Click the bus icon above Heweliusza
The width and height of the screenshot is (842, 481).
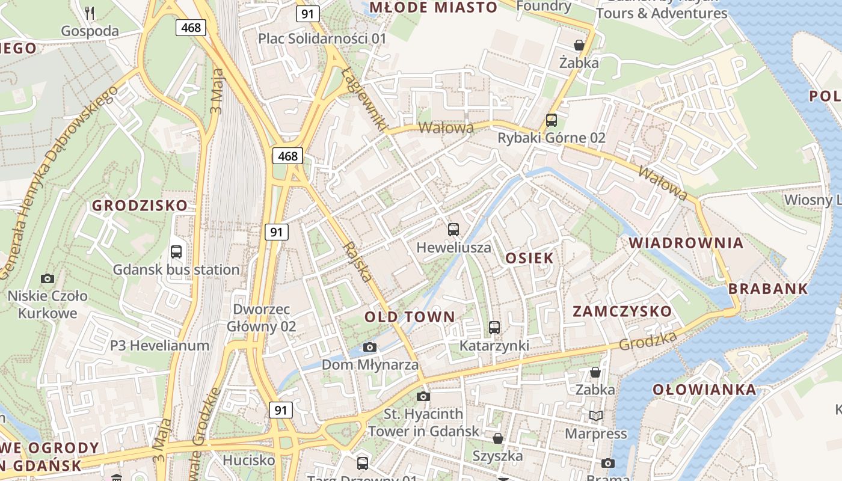(x=453, y=229)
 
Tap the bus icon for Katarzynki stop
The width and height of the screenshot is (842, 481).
(x=494, y=328)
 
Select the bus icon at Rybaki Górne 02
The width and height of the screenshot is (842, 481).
(x=552, y=120)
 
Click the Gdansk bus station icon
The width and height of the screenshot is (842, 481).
(x=176, y=252)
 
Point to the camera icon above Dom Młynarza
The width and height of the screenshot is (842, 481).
(x=370, y=347)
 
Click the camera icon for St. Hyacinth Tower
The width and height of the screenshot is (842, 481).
(x=423, y=396)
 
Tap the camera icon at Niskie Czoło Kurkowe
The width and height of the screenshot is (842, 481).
(x=48, y=278)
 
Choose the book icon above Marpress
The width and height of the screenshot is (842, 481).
(x=595, y=415)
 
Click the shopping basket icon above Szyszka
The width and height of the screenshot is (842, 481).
(x=497, y=438)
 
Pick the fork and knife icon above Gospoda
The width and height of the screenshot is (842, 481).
(x=90, y=13)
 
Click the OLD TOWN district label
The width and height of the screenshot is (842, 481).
(x=410, y=317)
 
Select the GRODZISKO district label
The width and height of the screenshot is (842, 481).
(x=140, y=206)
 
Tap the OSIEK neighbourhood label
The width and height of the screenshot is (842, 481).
(x=529, y=259)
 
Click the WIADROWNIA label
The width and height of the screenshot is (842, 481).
(x=686, y=243)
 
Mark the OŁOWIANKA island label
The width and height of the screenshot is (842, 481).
(x=705, y=390)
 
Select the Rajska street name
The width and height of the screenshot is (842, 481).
(x=357, y=262)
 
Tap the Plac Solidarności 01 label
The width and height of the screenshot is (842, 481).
(x=322, y=38)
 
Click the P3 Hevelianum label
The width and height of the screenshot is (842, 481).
(x=159, y=346)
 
